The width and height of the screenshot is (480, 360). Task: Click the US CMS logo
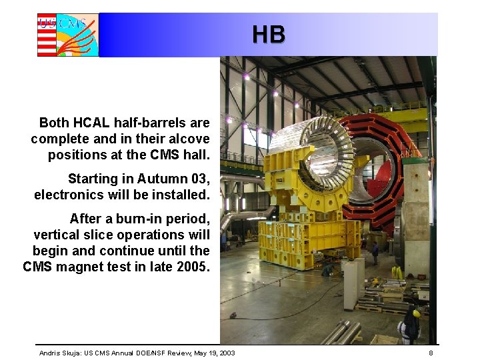point(67,35)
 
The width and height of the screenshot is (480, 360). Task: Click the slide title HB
point(269,34)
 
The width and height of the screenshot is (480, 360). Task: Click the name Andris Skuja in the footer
point(59,353)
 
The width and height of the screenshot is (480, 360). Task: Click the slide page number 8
point(431,353)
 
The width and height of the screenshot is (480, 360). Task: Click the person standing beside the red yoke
point(375,252)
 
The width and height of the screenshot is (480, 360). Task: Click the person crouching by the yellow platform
point(327,270)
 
